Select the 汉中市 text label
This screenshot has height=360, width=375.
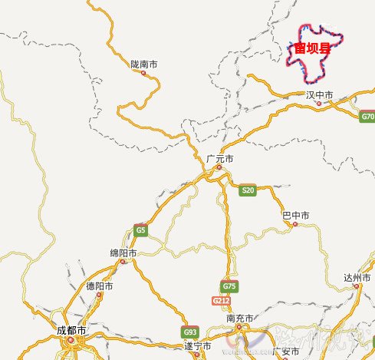click(x=319, y=95)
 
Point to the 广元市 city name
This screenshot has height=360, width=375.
click(x=219, y=158)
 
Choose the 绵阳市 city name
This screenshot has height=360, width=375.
click(x=123, y=253)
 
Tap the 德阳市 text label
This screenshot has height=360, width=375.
click(x=100, y=286)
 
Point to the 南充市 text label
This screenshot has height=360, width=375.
click(x=240, y=318)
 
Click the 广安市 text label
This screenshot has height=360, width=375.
click(x=288, y=352)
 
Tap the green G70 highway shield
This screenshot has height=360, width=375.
click(x=367, y=117)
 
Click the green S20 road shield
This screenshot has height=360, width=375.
click(x=247, y=190)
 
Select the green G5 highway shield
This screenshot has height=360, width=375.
click(x=140, y=230)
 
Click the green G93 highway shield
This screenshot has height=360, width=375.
click(x=189, y=332)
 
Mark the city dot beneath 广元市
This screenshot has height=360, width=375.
click(x=219, y=167)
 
